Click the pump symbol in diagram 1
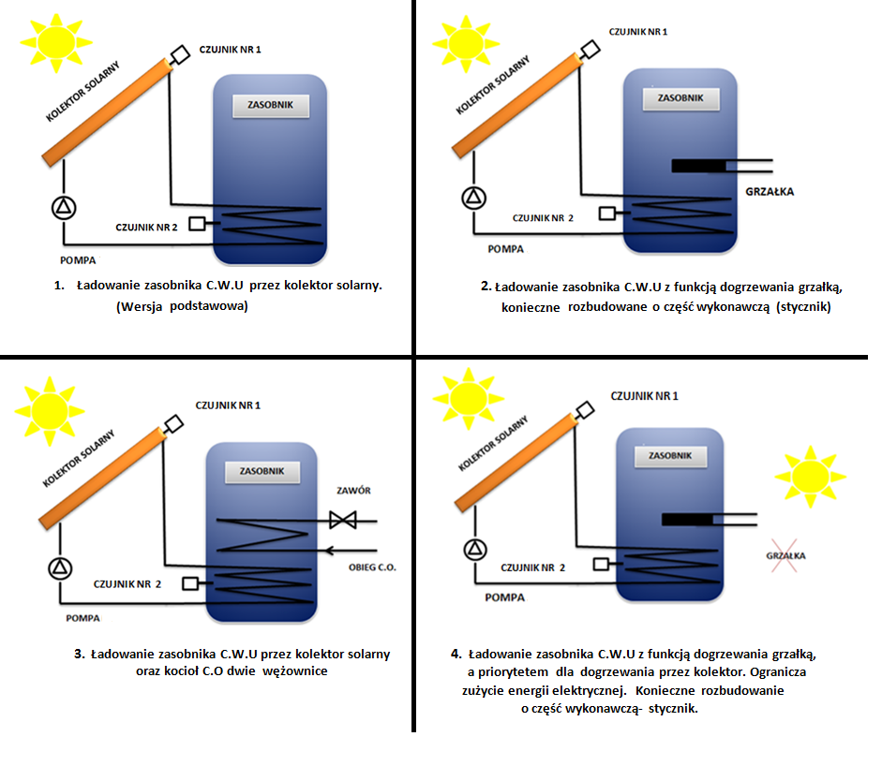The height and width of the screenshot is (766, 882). pos(67,207)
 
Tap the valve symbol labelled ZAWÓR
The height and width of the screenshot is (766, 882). pos(339,520)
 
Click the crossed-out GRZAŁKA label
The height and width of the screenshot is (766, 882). pos(785,556)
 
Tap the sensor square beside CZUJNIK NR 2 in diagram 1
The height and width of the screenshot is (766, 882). pos(198,223)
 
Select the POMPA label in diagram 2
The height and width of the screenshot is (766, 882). pos(505,249)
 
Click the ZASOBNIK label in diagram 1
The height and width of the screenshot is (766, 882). pos(270,105)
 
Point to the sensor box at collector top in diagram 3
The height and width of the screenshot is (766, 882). pos(173,424)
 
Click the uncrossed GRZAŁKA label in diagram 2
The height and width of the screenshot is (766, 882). pos(769,192)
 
